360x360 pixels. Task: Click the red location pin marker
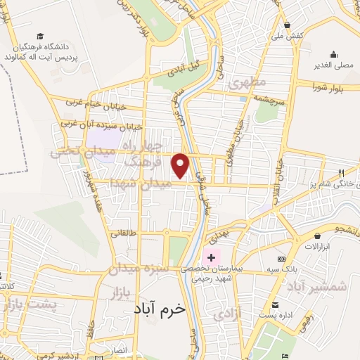[181, 165]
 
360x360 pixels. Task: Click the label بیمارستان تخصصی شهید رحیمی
[221, 274]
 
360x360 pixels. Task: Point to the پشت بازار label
[30, 304]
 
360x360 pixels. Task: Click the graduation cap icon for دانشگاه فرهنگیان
[41, 35]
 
